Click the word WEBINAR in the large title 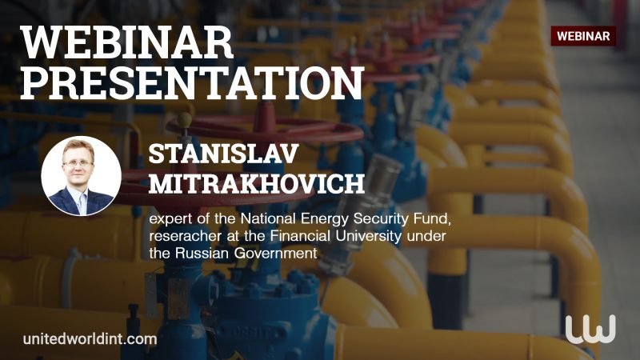[126, 42]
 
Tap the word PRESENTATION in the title [192, 83]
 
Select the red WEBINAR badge [583, 36]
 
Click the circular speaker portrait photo [82, 175]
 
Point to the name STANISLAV [223, 154]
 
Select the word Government [275, 253]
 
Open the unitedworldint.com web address [90, 338]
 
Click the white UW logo [590, 329]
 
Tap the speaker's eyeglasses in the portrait [78, 163]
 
